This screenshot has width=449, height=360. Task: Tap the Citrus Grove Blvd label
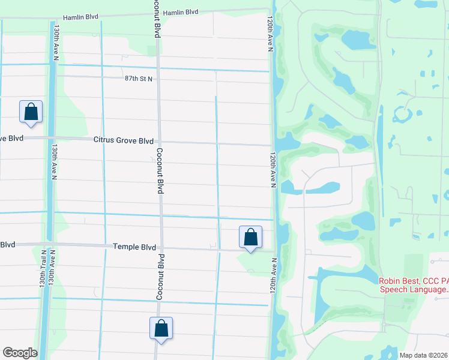click(x=124, y=140)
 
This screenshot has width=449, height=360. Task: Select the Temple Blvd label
click(x=134, y=247)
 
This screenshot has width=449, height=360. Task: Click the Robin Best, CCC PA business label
click(x=414, y=285)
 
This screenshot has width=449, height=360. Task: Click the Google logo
click(x=20, y=353)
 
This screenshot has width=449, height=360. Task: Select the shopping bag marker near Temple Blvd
click(x=250, y=237)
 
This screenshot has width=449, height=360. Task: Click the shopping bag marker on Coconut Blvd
click(x=161, y=328)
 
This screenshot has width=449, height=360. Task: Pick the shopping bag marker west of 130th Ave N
click(x=31, y=112)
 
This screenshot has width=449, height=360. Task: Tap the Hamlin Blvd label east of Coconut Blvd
click(x=181, y=12)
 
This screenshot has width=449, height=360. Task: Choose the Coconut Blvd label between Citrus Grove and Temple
click(x=160, y=170)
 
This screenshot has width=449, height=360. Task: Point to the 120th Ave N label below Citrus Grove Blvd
click(x=272, y=170)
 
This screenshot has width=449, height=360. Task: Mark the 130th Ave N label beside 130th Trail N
click(x=53, y=267)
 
